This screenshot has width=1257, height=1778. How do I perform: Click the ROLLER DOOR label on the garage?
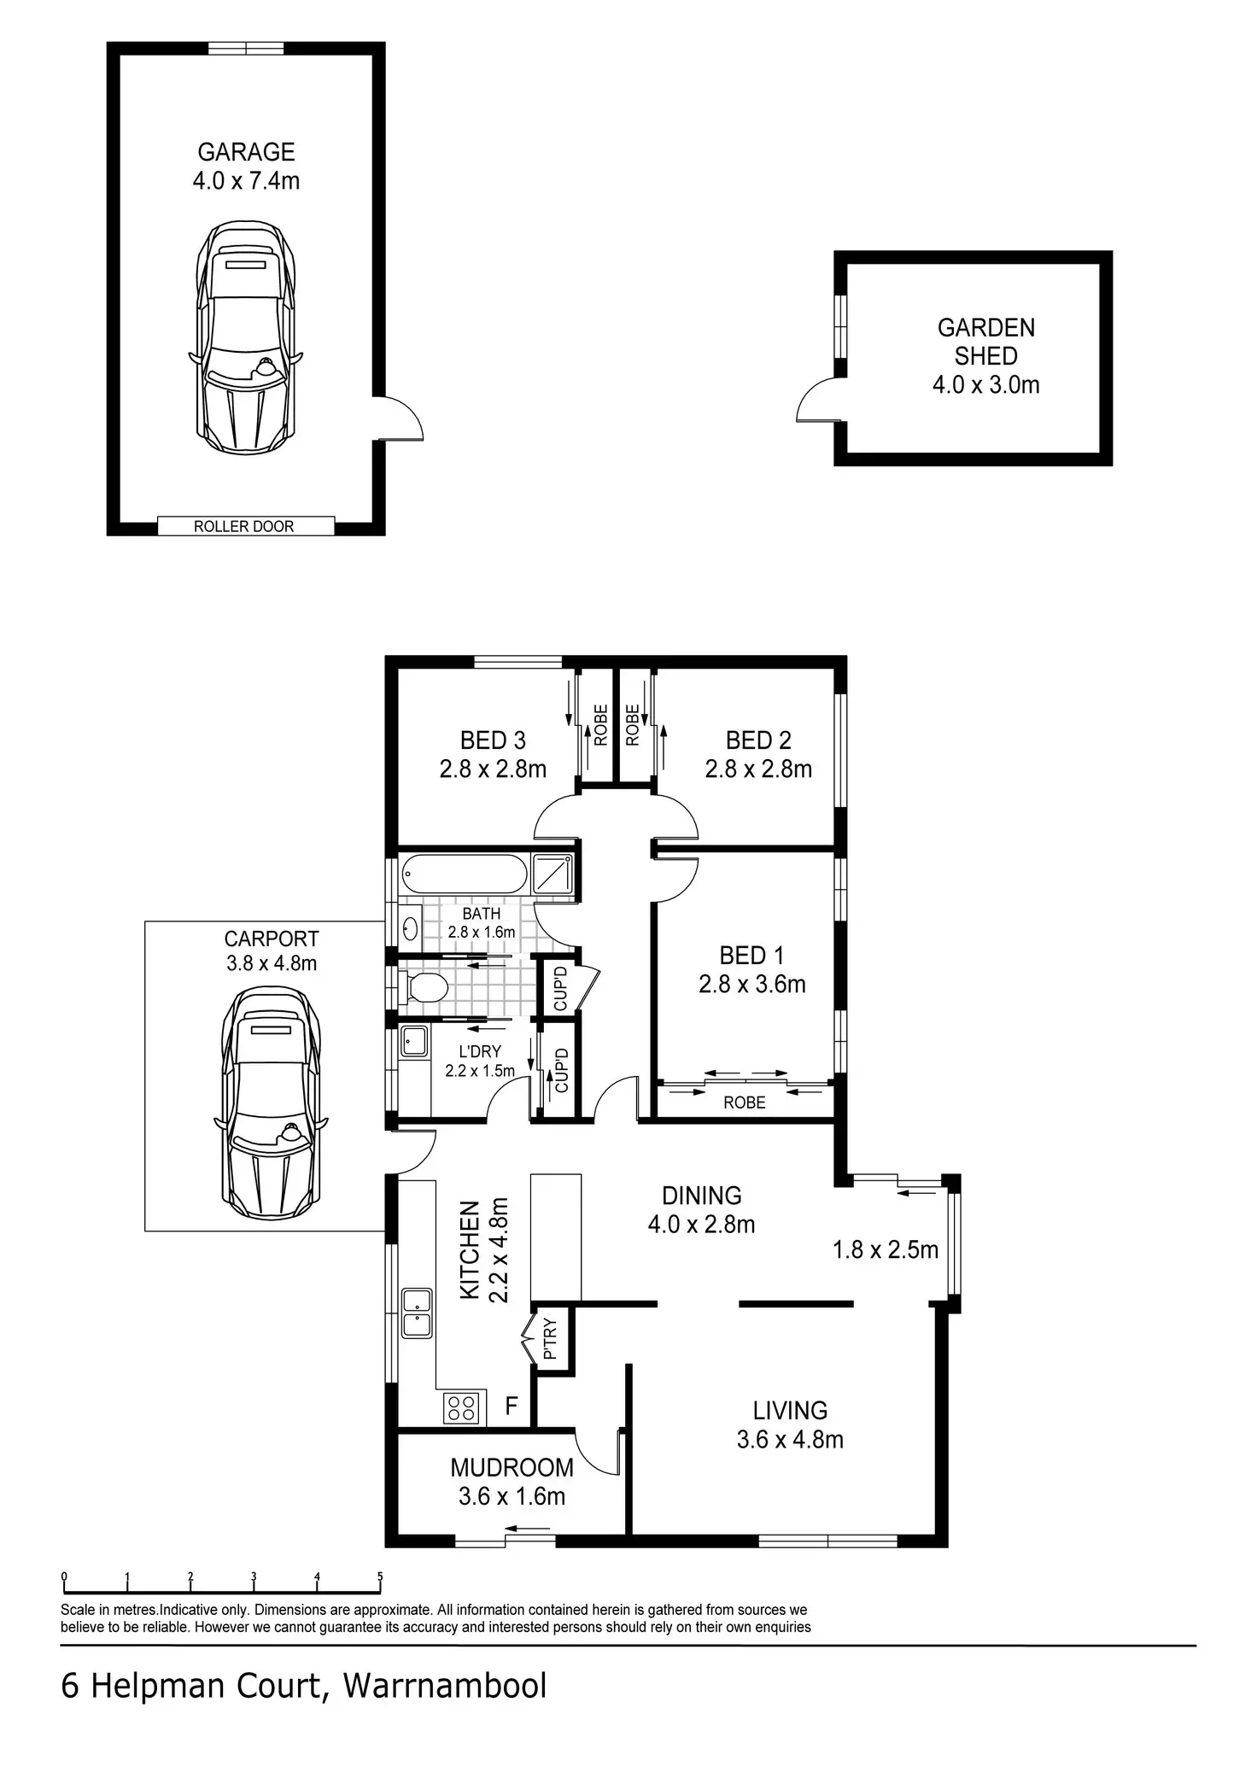pos(243,526)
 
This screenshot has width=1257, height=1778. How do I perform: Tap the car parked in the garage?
pos(246,338)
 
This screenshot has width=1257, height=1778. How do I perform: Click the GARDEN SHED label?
pos(986,342)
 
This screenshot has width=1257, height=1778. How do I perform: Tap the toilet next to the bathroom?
pos(424,987)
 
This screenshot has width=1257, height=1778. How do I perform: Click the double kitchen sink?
pos(417,1313)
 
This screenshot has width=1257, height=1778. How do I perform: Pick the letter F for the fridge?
pos(512,1406)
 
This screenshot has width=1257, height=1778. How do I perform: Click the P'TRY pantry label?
pos(550,1339)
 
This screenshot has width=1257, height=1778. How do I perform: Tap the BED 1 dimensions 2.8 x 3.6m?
pos(752,985)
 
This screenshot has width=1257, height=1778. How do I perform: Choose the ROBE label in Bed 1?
pos(745,1102)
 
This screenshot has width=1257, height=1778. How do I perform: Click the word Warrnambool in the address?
pos(445,1687)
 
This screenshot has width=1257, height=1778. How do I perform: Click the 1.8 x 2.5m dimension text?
pos(886,1250)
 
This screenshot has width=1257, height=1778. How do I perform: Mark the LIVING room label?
pos(790,1410)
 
